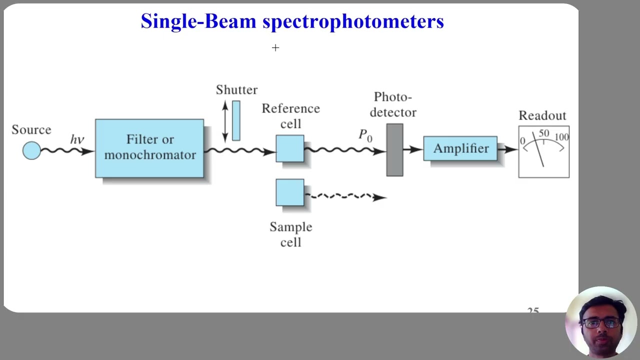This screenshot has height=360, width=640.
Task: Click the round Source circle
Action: pyautogui.click(x=31, y=150)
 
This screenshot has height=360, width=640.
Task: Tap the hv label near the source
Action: pyautogui.click(x=77, y=139)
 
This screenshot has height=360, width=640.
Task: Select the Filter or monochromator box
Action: pyautogui.click(x=149, y=148)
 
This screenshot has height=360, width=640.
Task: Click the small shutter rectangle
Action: pyautogui.click(x=236, y=120)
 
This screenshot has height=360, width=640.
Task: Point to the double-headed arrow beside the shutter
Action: pyautogui.click(x=225, y=120)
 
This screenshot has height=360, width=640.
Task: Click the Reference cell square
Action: pyautogui.click(x=290, y=148)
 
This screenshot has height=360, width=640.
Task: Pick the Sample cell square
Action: pyautogui.click(x=290, y=192)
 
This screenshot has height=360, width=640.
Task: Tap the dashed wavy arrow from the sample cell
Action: pyautogui.click(x=345, y=196)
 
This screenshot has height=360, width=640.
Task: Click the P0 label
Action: pyautogui.click(x=365, y=135)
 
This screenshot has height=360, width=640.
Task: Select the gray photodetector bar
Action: pyautogui.click(x=394, y=150)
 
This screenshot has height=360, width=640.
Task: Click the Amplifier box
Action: pyautogui.click(x=460, y=148)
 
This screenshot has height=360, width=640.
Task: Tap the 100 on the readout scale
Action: pyautogui.click(x=561, y=137)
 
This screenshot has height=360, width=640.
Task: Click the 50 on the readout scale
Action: pyautogui.click(x=544, y=133)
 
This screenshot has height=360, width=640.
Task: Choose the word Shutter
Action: pyautogui.click(x=236, y=90)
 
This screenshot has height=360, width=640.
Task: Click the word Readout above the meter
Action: pyautogui.click(x=542, y=116)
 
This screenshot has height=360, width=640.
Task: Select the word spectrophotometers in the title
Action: pyautogui.click(x=353, y=21)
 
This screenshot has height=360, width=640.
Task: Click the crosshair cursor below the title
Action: pyautogui.click(x=275, y=47)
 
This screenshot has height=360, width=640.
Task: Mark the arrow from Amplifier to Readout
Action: pyautogui.click(x=508, y=149)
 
